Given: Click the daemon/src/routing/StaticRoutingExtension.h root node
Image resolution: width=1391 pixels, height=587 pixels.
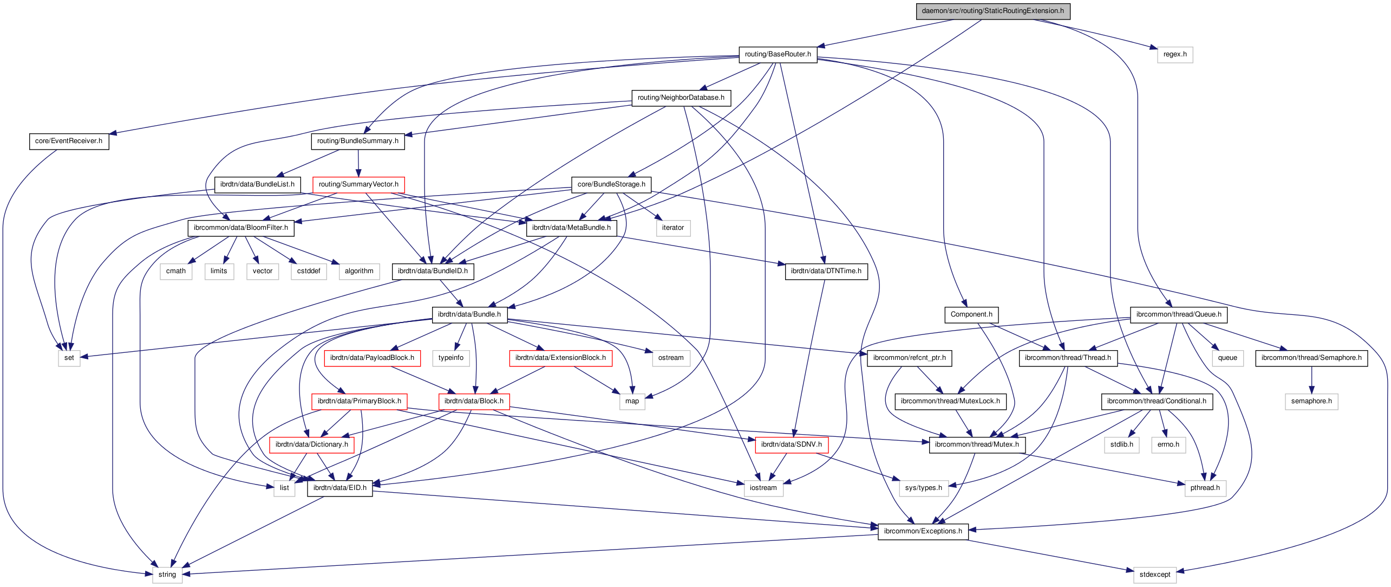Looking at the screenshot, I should pyautogui.click(x=992, y=11).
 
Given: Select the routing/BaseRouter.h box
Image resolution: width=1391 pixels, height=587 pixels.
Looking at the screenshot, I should pyautogui.click(x=778, y=54).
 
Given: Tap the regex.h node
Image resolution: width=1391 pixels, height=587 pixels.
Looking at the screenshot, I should pyautogui.click(x=1174, y=54).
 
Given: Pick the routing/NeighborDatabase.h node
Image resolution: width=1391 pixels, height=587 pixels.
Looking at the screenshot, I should pyautogui.click(x=681, y=98).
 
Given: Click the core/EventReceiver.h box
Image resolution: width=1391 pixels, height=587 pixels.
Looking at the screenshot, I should pyautogui.click(x=69, y=141).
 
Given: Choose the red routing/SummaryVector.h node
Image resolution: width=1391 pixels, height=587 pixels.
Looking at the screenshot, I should pyautogui.click(x=358, y=184).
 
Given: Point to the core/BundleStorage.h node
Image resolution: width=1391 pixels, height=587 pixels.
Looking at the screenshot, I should pyautogui.click(x=611, y=184).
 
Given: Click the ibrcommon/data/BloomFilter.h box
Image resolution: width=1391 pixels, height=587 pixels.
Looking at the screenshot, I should pyautogui.click(x=241, y=228).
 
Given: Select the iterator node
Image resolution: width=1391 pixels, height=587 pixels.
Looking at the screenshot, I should pyautogui.click(x=672, y=228).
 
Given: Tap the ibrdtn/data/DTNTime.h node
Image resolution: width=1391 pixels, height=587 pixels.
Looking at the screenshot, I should pyautogui.click(x=826, y=271).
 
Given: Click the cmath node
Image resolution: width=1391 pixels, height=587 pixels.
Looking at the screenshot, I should pyautogui.click(x=176, y=271).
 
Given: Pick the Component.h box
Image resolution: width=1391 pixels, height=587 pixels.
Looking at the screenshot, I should pyautogui.click(x=971, y=314).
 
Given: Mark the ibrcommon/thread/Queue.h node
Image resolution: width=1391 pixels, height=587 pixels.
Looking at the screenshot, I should pyautogui.click(x=1178, y=314).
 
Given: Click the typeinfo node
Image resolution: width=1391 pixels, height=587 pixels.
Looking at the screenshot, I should pyautogui.click(x=451, y=358).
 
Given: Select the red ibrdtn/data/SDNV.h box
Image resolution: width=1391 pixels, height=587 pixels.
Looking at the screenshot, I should pyautogui.click(x=791, y=444).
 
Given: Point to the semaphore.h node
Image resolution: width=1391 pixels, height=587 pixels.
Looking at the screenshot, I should pyautogui.click(x=1311, y=401).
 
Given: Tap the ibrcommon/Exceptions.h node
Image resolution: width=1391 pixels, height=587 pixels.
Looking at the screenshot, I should pyautogui.click(x=923, y=531).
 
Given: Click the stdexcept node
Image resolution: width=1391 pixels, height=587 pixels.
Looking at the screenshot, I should pyautogui.click(x=1154, y=575).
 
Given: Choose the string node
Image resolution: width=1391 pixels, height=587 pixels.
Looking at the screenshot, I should pyautogui.click(x=167, y=575).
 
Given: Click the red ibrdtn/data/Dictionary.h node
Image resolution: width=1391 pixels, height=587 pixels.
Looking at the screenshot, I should pyautogui.click(x=311, y=444).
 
